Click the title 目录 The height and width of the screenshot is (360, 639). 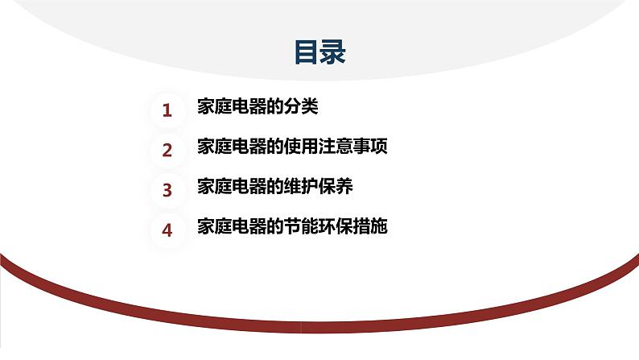(319, 52)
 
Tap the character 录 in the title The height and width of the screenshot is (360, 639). (333, 52)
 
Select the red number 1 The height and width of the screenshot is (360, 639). (167, 110)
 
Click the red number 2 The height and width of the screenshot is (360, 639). (167, 150)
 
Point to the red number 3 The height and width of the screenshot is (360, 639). (167, 190)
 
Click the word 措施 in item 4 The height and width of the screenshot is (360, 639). (371, 227)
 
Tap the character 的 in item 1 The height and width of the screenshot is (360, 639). (276, 107)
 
